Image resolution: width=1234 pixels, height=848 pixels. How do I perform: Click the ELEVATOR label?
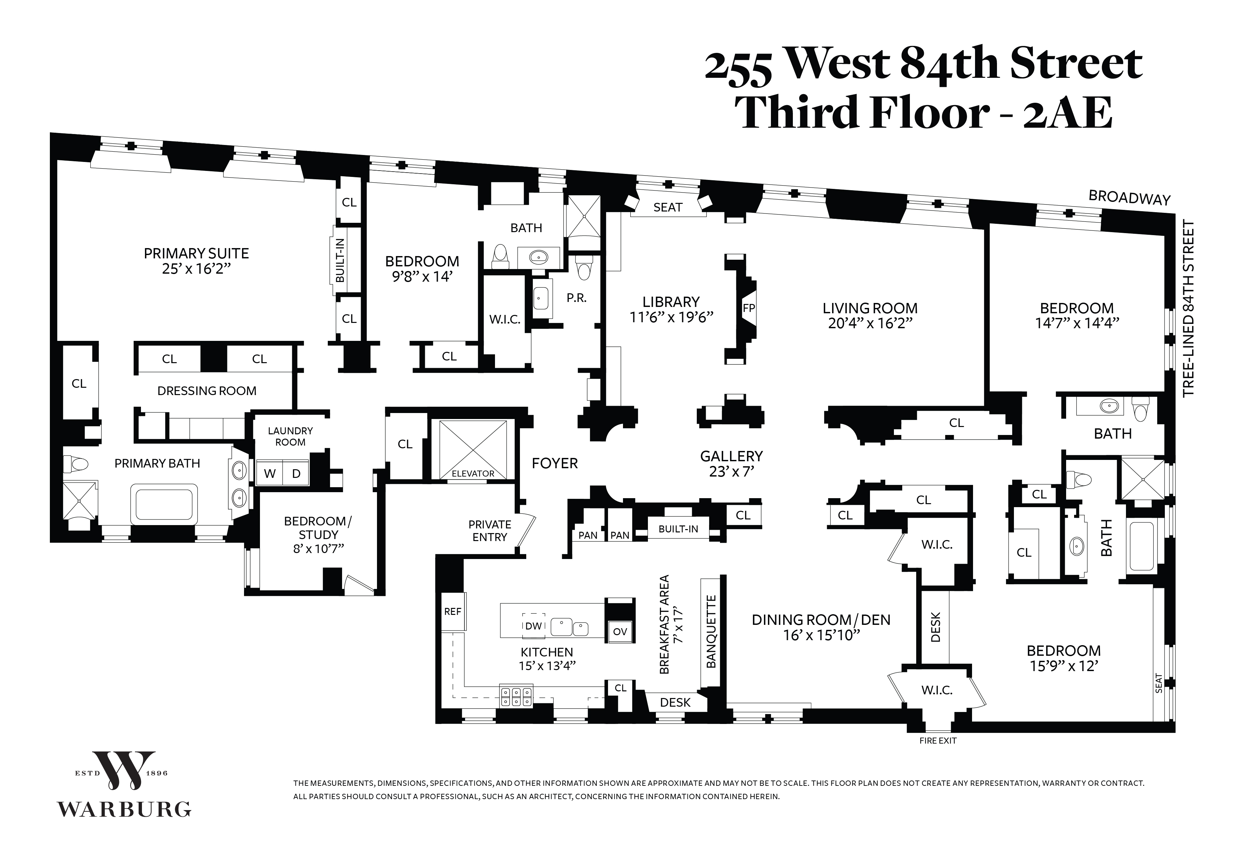(x=473, y=474)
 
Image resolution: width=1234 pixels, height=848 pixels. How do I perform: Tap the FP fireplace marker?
(x=749, y=308)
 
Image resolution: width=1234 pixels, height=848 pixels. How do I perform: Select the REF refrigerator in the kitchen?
(x=453, y=612)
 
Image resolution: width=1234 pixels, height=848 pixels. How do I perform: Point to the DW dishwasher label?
(x=533, y=626)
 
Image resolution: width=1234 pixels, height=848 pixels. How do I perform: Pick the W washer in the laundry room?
(x=270, y=474)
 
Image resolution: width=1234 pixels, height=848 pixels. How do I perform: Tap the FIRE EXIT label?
(x=938, y=741)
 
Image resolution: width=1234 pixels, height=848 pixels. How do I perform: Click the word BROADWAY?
(x=1129, y=198)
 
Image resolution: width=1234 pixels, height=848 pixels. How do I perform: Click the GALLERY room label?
(x=731, y=456)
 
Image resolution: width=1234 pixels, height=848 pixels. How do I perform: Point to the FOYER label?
(x=555, y=463)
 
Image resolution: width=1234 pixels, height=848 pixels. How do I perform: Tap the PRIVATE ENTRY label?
(x=490, y=531)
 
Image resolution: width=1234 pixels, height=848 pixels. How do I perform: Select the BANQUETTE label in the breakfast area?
(x=711, y=631)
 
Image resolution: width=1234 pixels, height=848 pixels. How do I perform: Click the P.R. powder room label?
(x=576, y=298)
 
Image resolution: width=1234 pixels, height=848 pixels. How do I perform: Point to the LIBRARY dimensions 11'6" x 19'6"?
(x=671, y=317)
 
